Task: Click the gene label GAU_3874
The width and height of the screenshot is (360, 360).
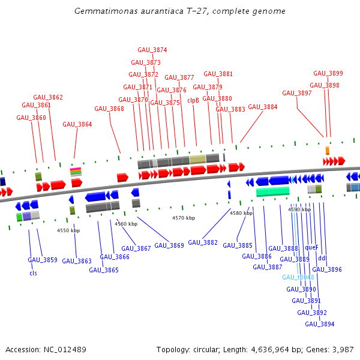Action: pyautogui.click(x=152, y=50)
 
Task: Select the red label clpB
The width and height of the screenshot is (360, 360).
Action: pyautogui.click(x=193, y=100)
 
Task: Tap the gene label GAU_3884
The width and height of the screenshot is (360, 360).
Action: pyautogui.click(x=263, y=107)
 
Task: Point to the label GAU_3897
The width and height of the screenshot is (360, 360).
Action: pyautogui.click(x=297, y=93)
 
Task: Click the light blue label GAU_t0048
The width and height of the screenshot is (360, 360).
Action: pyautogui.click(x=298, y=277)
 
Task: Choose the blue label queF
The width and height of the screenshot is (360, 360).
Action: pyautogui.click(x=311, y=247)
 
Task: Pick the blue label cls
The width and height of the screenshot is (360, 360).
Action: pyautogui.click(x=33, y=273)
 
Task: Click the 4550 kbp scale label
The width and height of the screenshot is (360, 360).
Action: pyautogui.click(x=68, y=230)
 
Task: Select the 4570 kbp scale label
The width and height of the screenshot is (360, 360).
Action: pyautogui.click(x=184, y=218)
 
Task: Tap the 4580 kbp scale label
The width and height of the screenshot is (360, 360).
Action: pyautogui.click(x=241, y=213)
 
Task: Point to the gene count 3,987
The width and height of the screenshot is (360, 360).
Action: pyautogui.click(x=343, y=349)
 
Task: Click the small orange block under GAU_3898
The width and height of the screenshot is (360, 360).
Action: pyautogui.click(x=328, y=150)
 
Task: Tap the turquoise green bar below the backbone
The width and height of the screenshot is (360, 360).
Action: pyautogui.click(x=272, y=191)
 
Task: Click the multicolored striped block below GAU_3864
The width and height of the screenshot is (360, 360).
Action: pyautogui.click(x=76, y=172)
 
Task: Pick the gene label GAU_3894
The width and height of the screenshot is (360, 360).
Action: pyautogui.click(x=319, y=324)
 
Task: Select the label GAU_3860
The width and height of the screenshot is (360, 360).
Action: pyautogui.click(x=31, y=118)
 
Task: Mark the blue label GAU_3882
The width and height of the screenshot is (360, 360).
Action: pyautogui.click(x=203, y=242)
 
